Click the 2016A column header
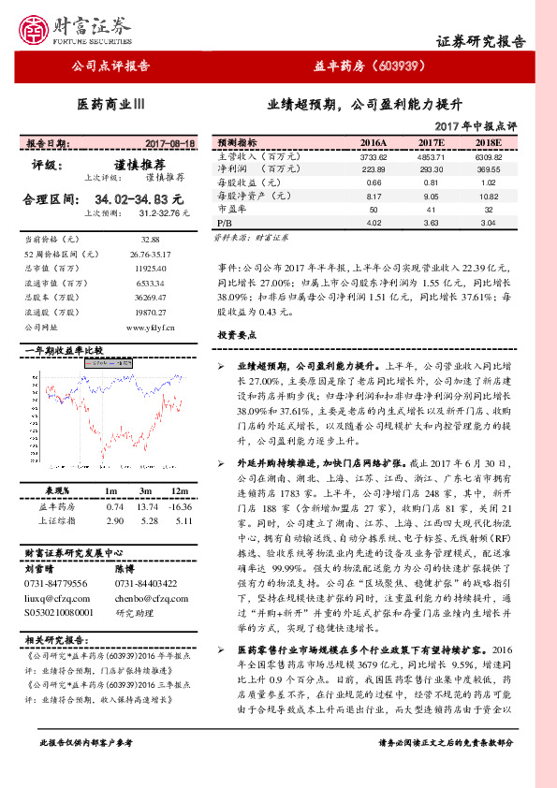(x=373, y=142)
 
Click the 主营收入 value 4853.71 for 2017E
(x=431, y=156)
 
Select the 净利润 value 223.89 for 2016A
(x=373, y=169)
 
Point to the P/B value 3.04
(x=489, y=224)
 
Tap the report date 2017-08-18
(x=170, y=143)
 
